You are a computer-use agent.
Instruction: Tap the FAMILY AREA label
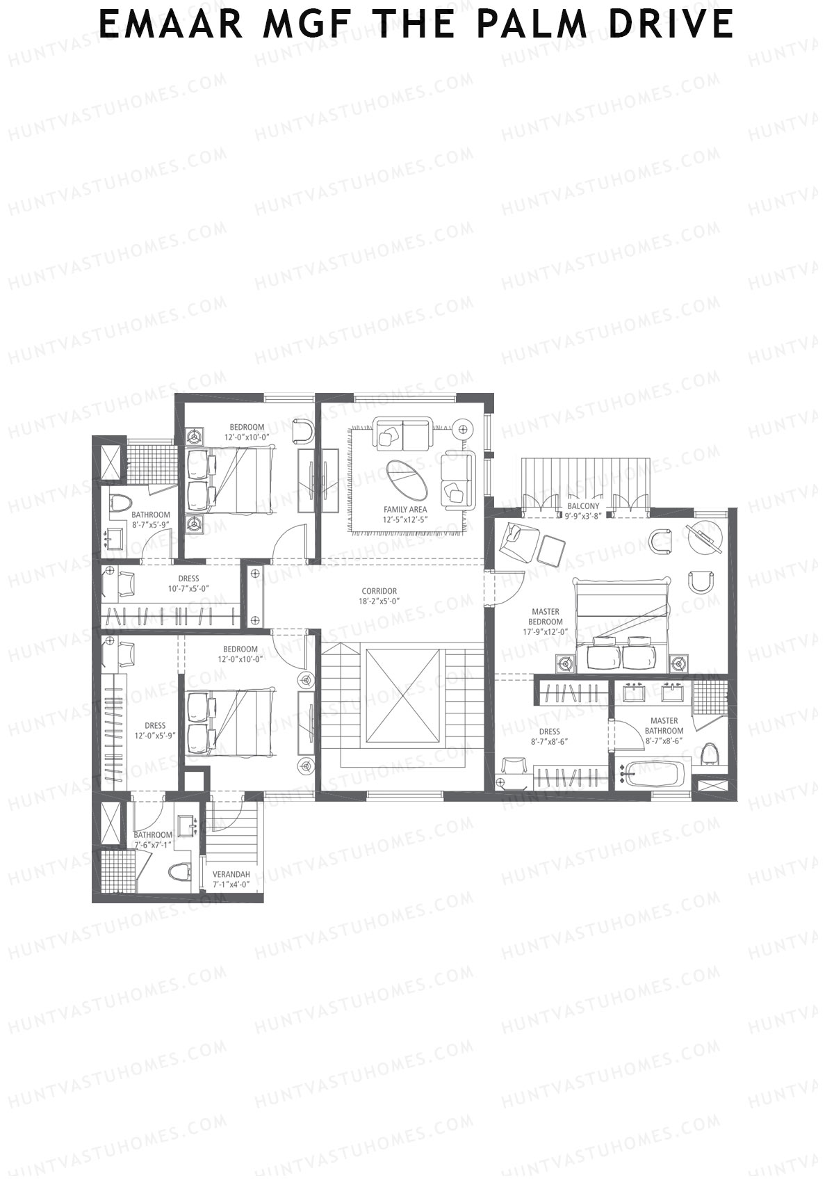[405, 510]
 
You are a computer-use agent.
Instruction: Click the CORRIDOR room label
[379, 591]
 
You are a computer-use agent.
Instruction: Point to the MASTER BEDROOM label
[546, 616]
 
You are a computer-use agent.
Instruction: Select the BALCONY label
[583, 506]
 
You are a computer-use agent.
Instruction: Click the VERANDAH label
[231, 874]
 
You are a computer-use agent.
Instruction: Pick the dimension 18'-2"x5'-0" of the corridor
[379, 601]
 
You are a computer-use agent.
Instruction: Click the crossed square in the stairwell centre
[403, 689]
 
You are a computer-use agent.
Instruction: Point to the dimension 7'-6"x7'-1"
[153, 845]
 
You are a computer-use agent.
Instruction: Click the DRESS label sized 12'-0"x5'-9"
[155, 725]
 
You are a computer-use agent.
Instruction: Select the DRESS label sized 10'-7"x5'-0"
[188, 579]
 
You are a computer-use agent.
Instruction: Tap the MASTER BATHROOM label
[664, 725]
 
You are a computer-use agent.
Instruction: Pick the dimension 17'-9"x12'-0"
[546, 631]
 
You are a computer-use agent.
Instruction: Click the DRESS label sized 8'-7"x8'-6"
[549, 732]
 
